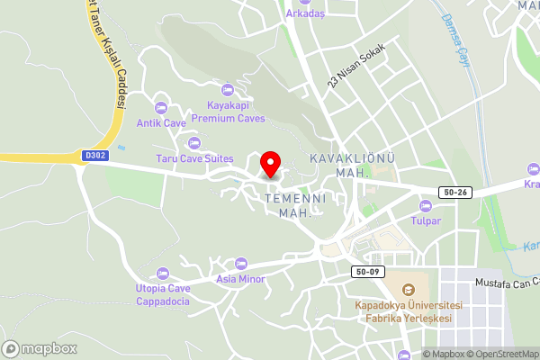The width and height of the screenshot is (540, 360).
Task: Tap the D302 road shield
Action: [x=94, y=156]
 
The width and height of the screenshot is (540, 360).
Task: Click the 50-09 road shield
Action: [x=369, y=271]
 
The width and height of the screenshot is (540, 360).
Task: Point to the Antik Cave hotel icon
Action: [x=161, y=108]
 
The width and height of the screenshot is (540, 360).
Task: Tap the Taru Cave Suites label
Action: [x=194, y=158]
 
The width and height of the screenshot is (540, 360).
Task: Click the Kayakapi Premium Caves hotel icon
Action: [x=227, y=90]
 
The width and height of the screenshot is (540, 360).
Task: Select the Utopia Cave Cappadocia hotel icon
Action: [x=163, y=274]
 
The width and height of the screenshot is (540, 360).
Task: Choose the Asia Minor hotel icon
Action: [x=240, y=264]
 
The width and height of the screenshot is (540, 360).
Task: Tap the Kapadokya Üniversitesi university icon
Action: [x=409, y=290]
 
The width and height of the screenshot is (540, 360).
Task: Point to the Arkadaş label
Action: [x=304, y=14]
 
